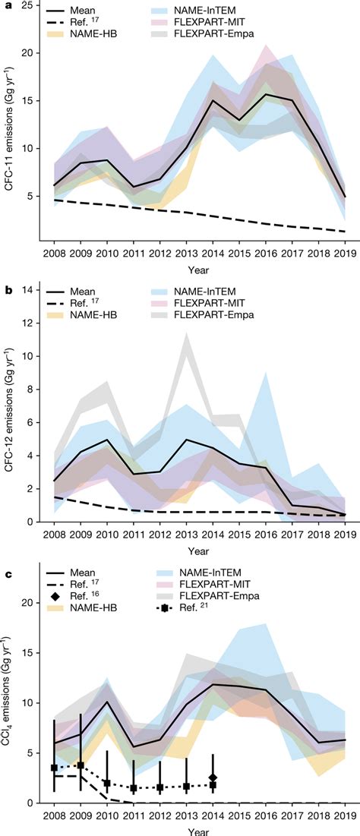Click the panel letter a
(x=5, y=6)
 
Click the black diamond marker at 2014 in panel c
(x=213, y=778)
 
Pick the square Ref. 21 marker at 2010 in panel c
(x=107, y=783)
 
